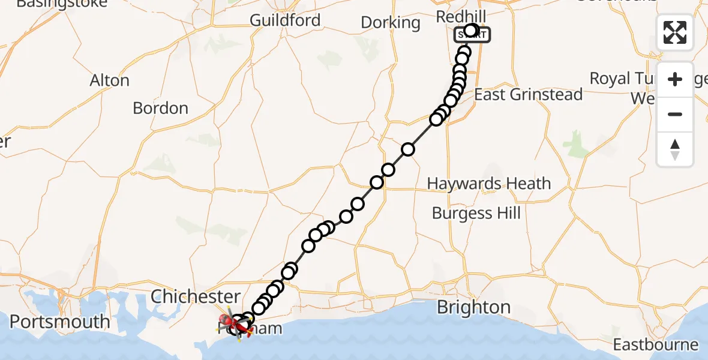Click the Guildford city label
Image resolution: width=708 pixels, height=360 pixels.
click(x=285, y=20)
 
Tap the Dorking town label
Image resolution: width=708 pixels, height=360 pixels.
click(x=391, y=23)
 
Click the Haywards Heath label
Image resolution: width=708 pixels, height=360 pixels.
click(x=489, y=184)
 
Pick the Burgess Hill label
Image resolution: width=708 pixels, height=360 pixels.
click(x=476, y=213)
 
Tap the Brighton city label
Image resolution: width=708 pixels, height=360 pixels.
click(x=473, y=307)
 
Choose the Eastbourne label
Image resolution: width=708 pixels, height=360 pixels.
click(x=656, y=345)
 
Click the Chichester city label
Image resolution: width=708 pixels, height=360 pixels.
click(x=196, y=296)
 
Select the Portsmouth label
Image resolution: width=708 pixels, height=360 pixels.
click(x=59, y=322)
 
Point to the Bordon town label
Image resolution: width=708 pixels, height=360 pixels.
click(x=160, y=108)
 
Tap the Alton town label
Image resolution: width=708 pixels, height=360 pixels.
click(x=109, y=80)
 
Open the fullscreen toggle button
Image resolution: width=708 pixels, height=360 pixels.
click(x=675, y=32)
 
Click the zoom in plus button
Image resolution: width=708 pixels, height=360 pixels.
click(x=675, y=79)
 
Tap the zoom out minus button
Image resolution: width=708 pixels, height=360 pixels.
click(x=675, y=114)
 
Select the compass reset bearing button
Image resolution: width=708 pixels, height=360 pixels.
click(x=675, y=149)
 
